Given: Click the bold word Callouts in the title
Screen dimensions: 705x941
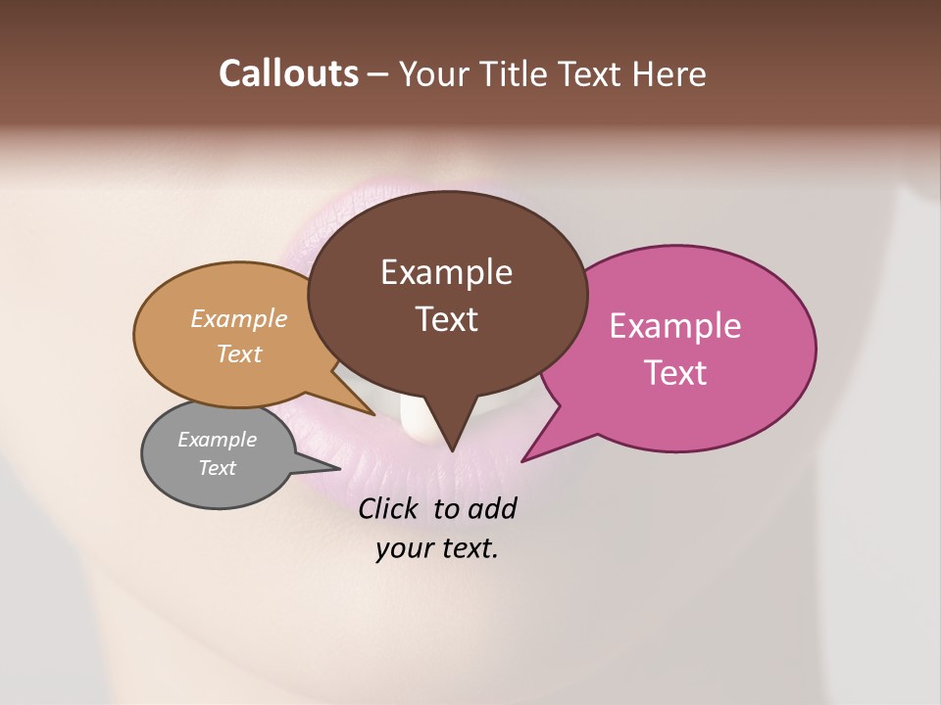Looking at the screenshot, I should (x=288, y=73).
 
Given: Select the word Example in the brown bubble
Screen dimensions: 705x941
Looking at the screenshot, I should (x=446, y=272).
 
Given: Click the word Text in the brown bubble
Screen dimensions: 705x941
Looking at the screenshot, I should (x=446, y=319).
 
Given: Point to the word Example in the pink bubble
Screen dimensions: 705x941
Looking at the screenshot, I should (x=675, y=326).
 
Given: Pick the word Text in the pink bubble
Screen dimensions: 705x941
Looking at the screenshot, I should (x=675, y=373).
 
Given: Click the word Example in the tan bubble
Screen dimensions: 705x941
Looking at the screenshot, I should (x=238, y=319).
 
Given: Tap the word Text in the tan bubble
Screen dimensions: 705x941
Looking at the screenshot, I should (x=238, y=353).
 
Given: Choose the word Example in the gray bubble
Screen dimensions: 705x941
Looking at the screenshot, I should (x=217, y=440).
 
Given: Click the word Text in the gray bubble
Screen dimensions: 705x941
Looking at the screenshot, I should (x=217, y=468).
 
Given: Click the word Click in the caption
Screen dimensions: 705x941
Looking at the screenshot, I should (x=389, y=508).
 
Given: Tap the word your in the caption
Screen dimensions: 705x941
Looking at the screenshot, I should (x=403, y=548).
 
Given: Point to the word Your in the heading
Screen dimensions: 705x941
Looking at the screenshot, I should (x=430, y=73).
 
